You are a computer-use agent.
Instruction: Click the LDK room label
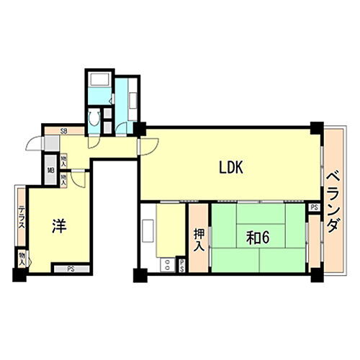pyautogui.click(x=233, y=168)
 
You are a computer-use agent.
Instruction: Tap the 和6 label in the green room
pyautogui.click(x=257, y=238)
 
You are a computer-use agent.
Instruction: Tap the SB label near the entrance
pyautogui.click(x=64, y=131)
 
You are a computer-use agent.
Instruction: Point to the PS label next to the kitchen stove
pyautogui.click(x=181, y=266)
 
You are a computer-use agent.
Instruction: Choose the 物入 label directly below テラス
pyautogui.click(x=22, y=258)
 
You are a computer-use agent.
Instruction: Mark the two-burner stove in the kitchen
pyautogui.click(x=166, y=265)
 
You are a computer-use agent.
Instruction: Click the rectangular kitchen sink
pyautogui.click(x=149, y=230)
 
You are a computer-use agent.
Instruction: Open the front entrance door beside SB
pyautogui.click(x=34, y=142)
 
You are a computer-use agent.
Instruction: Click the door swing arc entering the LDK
pyautogui.click(x=146, y=145)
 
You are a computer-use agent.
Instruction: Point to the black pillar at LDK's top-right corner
pyautogui.click(x=316, y=129)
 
